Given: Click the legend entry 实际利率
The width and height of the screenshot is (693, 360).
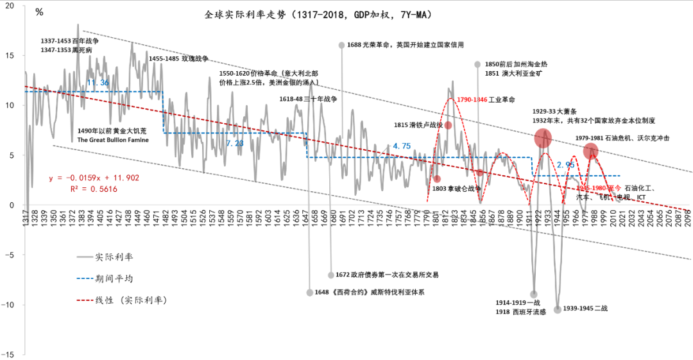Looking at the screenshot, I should [115, 257].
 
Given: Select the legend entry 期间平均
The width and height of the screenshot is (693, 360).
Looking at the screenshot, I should [115, 279].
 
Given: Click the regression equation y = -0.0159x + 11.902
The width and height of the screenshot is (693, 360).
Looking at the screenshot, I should [94, 178].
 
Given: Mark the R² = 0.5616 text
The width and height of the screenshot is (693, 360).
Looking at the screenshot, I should [93, 189].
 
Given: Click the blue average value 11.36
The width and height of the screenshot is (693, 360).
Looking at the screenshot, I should [98, 83].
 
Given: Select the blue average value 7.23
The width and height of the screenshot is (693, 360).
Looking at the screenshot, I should [234, 143].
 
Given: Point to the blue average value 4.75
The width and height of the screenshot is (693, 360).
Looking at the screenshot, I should [402, 146].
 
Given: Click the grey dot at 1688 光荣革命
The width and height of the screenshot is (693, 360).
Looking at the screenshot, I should [341, 45].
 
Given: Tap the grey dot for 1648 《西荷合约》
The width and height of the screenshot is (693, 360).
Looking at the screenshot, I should [310, 292].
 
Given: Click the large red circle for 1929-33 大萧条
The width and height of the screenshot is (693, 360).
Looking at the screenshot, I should [543, 138].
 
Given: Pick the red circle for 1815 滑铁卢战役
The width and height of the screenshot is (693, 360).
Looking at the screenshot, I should [448, 124].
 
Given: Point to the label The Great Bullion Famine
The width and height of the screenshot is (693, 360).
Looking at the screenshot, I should [113, 139].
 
